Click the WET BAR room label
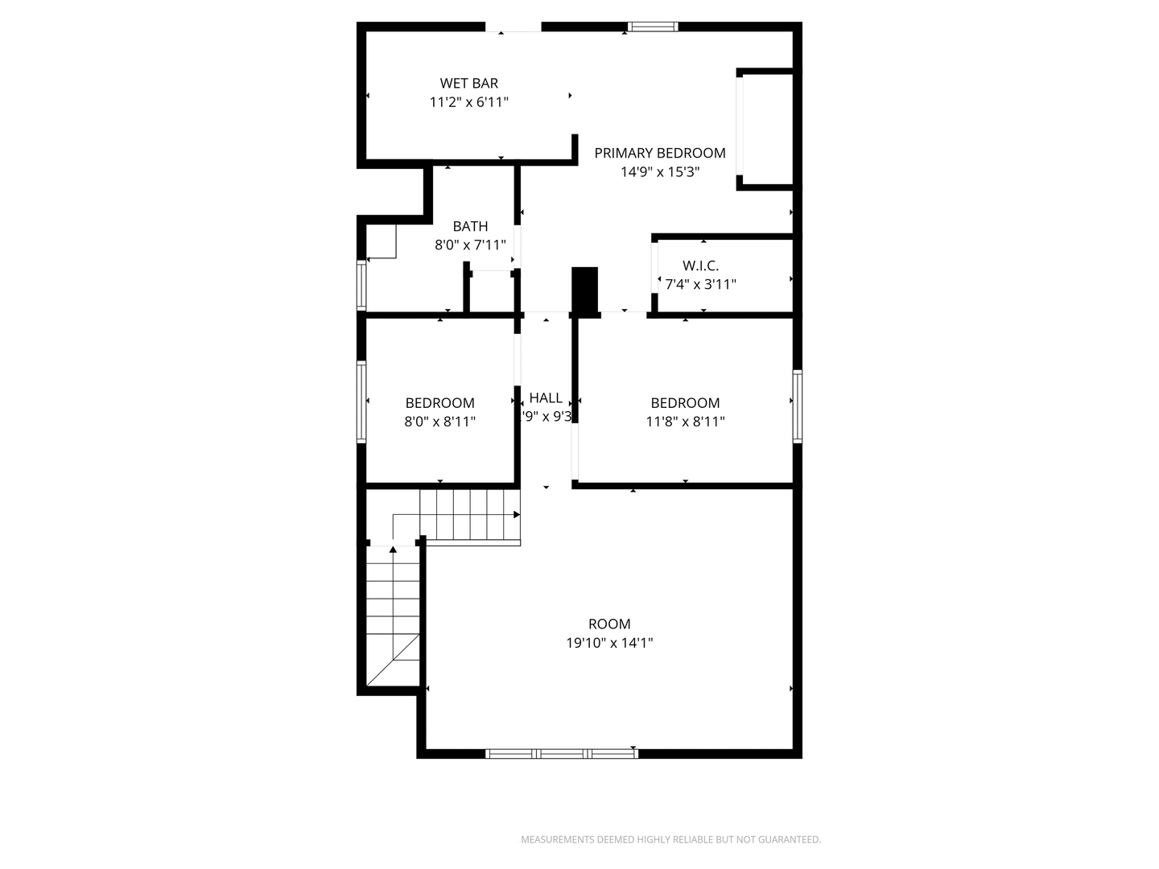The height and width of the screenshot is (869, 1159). (x=468, y=83)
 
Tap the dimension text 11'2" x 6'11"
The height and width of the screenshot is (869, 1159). (x=468, y=102)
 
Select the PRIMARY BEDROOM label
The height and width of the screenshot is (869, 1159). (x=659, y=153)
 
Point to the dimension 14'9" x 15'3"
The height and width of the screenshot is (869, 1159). (x=659, y=172)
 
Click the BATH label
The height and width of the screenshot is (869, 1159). (x=470, y=226)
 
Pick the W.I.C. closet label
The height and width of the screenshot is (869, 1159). (x=700, y=266)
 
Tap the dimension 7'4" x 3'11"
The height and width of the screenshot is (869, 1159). (x=700, y=284)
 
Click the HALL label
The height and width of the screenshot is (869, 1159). (x=546, y=397)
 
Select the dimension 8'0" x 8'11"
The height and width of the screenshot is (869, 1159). (x=439, y=422)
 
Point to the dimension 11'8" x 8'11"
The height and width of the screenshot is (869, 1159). (x=685, y=422)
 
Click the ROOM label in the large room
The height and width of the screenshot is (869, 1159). (x=609, y=624)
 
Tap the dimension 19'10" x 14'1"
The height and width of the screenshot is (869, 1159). (x=609, y=643)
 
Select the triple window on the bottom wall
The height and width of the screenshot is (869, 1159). (x=562, y=754)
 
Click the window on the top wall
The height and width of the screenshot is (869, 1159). (x=653, y=27)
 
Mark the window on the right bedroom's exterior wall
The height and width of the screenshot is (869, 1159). (x=797, y=406)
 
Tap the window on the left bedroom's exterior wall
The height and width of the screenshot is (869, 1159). (x=361, y=402)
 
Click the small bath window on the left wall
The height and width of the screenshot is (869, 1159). (x=361, y=286)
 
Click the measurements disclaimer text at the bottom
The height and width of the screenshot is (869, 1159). (x=670, y=839)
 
